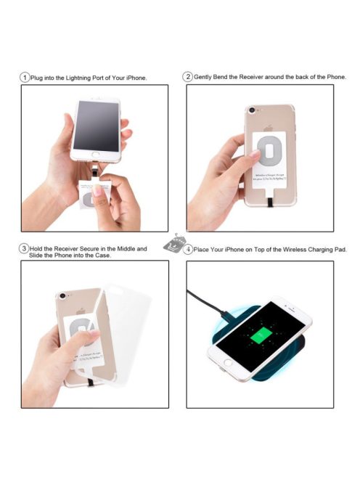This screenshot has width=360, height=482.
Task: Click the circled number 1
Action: click(25, 78)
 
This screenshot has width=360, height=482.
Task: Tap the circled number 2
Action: click(187, 77)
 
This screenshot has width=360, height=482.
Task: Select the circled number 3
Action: click(25, 248)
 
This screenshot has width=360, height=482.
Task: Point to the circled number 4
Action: click(188, 249)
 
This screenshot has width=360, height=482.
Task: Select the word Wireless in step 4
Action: click(290, 249)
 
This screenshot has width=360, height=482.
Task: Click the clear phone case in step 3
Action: click(134, 319)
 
